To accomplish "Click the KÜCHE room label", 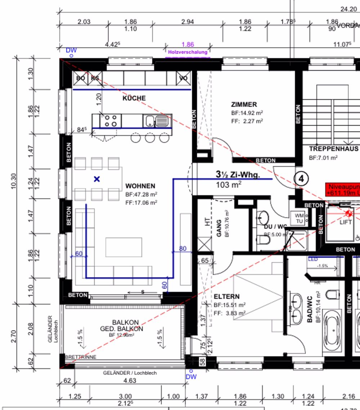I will click(x=134, y=98).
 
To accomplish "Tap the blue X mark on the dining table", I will click(x=96, y=179).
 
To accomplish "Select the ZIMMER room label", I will click(x=244, y=104).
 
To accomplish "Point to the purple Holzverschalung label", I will click(x=188, y=52).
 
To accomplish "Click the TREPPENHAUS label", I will click(x=333, y=148).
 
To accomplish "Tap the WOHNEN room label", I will click(x=140, y=186).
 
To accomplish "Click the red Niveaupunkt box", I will click(x=342, y=190).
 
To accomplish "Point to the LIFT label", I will click(x=346, y=222).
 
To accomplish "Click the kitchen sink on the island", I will click(x=157, y=121).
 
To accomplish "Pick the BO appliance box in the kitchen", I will click(x=81, y=78).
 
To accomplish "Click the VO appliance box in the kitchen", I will click(x=183, y=78).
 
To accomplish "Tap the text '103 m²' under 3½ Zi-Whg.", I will click(x=229, y=185).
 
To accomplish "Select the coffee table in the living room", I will click(x=124, y=247).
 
